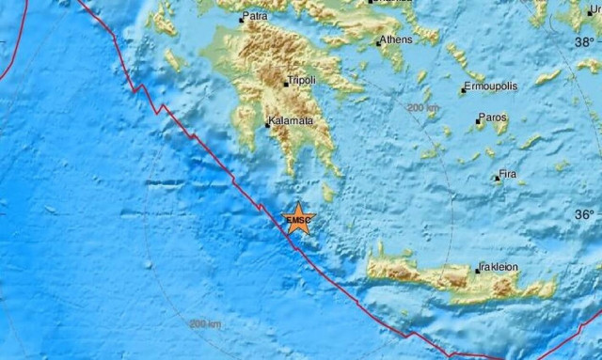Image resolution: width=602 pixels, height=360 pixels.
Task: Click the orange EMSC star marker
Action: [298, 219]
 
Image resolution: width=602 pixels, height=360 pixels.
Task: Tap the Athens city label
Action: [397, 39]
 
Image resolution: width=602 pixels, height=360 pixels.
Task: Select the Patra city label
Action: [253, 17]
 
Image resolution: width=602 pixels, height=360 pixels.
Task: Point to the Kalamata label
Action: [290, 122]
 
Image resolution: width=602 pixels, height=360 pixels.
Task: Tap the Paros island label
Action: [493, 118]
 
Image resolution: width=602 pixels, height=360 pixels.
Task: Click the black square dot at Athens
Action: [379, 41]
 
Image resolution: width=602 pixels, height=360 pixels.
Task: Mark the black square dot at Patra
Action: [241, 18]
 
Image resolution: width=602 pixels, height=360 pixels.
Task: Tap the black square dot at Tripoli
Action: [287, 84]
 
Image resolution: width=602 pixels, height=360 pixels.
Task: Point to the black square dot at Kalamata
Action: [268, 124]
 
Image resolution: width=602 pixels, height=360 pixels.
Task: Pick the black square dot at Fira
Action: [496, 178]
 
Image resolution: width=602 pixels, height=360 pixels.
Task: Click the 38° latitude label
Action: [588, 42]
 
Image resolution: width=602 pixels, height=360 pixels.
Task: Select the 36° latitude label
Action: [588, 214]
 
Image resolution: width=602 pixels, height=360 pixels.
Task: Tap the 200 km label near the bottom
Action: [205, 324]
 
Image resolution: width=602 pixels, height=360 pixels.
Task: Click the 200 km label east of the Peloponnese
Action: [424, 108]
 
